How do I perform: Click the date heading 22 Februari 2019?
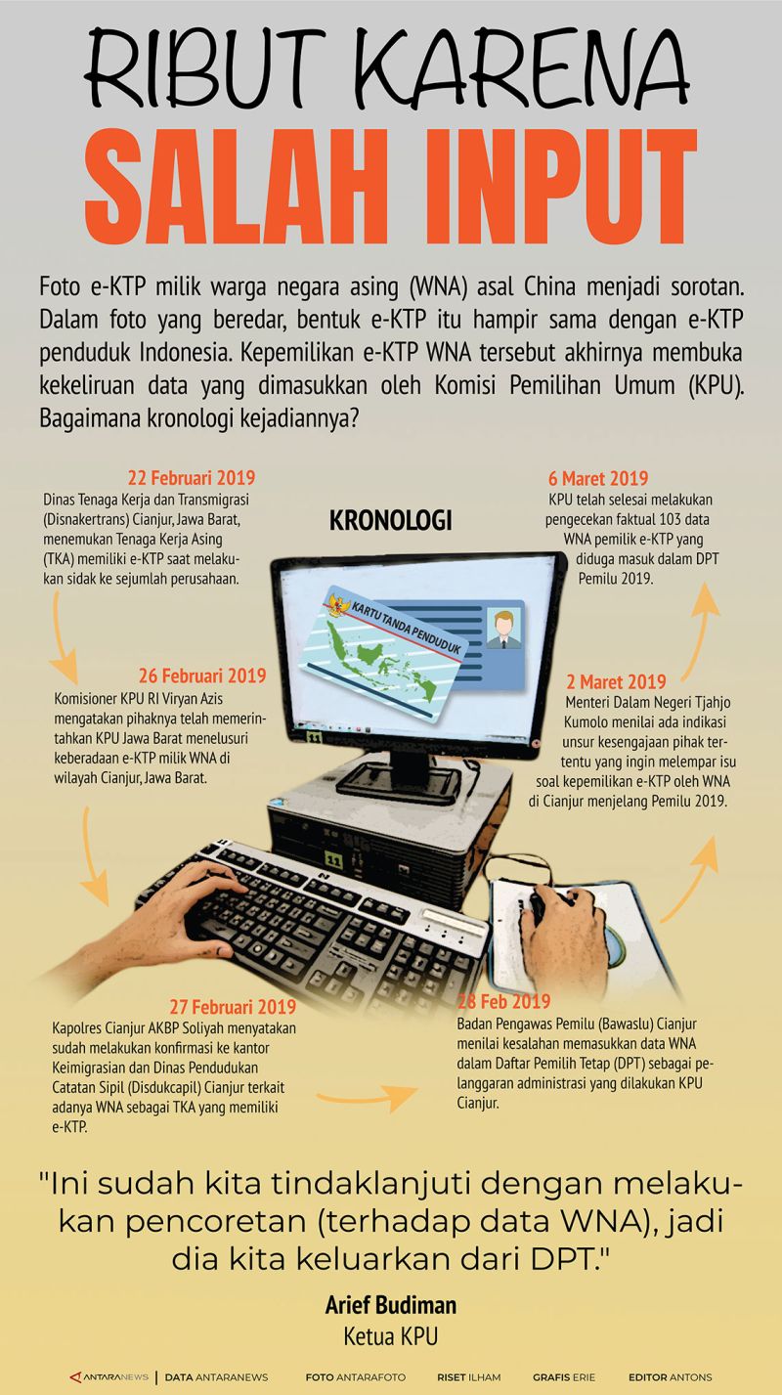tap(192, 478)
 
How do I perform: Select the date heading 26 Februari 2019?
tap(202, 676)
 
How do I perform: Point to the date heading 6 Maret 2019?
tap(598, 478)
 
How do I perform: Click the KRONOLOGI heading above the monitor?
tap(390, 521)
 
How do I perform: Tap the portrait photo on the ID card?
tap(503, 628)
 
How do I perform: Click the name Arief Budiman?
tap(390, 1305)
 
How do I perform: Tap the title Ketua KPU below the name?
tap(390, 1336)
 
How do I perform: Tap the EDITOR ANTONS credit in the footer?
tap(670, 1377)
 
